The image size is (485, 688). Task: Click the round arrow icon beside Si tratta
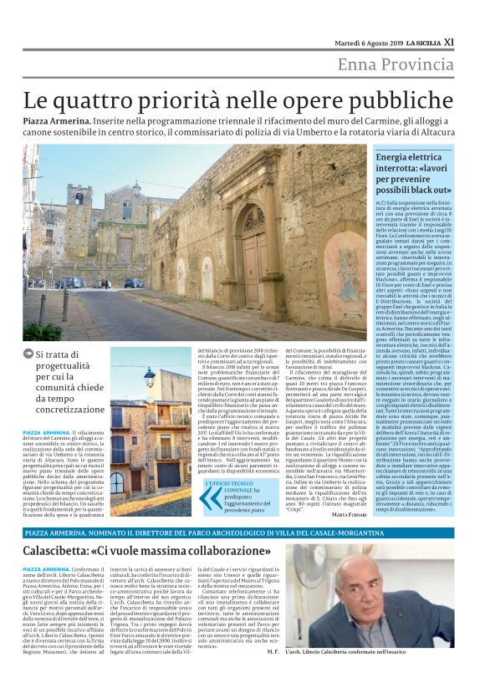pos(29,354)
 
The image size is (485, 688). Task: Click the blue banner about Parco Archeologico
pos(242,532)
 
